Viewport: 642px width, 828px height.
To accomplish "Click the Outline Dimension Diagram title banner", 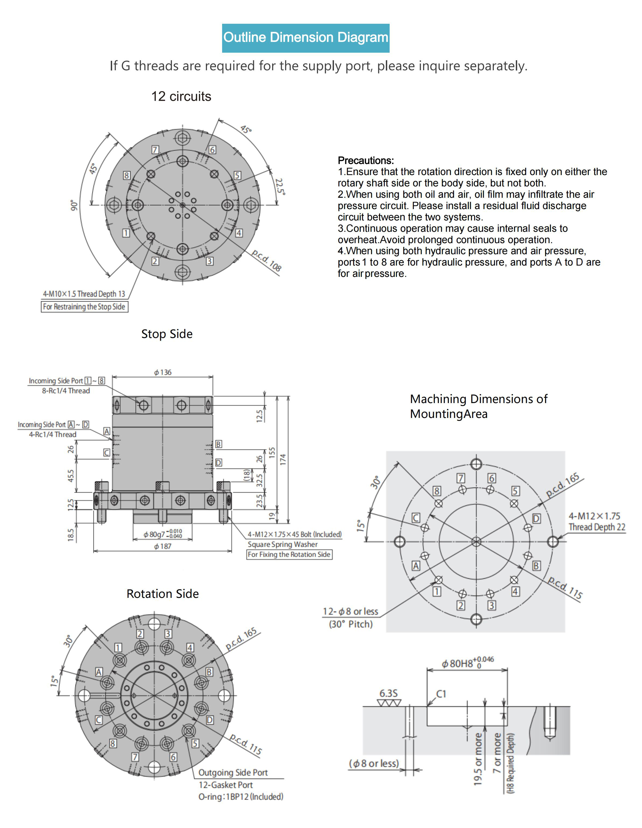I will coord(305,38).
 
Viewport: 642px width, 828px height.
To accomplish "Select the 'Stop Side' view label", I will coord(167,334).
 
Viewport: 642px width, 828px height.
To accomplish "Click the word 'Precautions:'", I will coord(366,160).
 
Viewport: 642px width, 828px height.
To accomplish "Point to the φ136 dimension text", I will coord(163,372).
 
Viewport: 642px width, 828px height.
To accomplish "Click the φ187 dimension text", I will coord(163,546).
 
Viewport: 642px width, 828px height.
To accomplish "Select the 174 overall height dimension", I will coord(283,460).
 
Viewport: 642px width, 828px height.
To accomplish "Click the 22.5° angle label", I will coord(280,186).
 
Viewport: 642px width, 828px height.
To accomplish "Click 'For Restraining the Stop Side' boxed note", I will coord(84,307).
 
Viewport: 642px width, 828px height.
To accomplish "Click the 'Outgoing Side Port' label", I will coord(233,773).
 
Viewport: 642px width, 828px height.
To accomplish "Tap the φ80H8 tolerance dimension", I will coord(467,663).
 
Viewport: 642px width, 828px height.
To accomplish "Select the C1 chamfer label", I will coord(441,694).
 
